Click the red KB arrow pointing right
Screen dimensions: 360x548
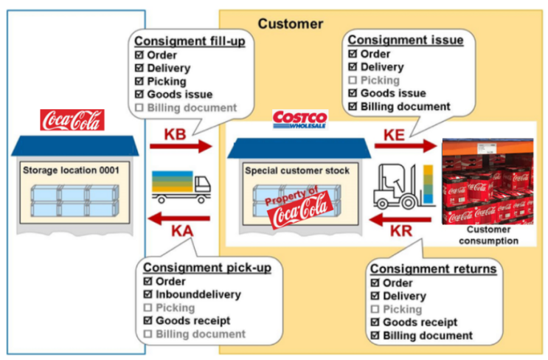coord(180,146)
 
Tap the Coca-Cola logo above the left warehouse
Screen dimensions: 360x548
coord(72,120)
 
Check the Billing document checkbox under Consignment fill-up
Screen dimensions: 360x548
coord(139,108)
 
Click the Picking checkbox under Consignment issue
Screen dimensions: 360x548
coord(352,80)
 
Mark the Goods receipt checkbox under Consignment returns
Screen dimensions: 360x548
coord(374,322)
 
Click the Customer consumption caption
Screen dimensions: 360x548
coord(486,235)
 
